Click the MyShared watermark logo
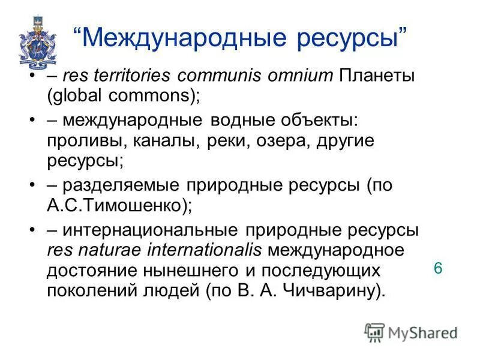(x=411, y=332)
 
